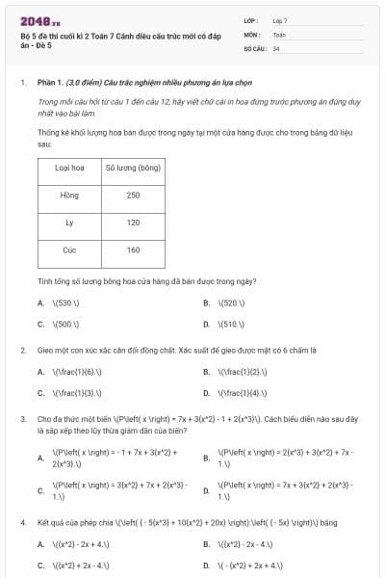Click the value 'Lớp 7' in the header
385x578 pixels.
pyautogui.click(x=280, y=20)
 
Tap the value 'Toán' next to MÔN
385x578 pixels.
pyautogui.click(x=279, y=34)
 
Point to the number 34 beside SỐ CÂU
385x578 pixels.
pyautogui.click(x=276, y=47)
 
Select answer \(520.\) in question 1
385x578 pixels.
pyautogui.click(x=231, y=302)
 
